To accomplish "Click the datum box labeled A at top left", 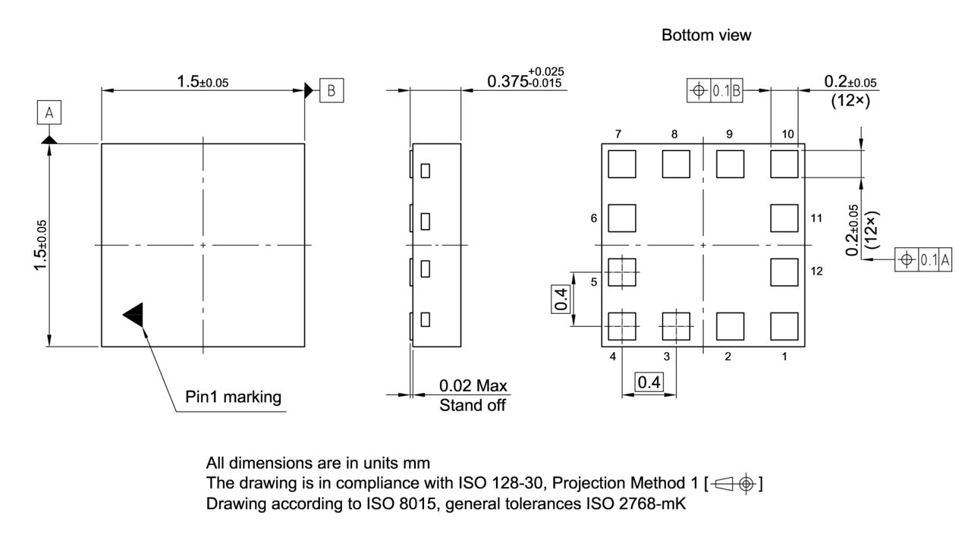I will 49,114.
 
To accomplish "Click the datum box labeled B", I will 331,90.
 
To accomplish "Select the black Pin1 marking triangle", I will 134,315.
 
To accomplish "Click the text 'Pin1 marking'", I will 233,397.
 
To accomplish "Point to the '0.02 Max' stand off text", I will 473,386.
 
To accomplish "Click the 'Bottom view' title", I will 706,36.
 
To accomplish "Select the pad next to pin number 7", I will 621,164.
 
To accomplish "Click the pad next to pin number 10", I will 784,164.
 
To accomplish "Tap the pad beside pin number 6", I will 621,218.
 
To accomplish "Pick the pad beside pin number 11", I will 784,218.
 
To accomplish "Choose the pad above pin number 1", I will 784,326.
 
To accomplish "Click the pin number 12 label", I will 817,271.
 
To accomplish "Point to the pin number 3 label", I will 667,356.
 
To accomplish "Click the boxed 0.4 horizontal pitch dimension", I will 648,383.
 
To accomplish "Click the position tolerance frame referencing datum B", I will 715,92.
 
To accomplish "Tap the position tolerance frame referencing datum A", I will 923,259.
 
